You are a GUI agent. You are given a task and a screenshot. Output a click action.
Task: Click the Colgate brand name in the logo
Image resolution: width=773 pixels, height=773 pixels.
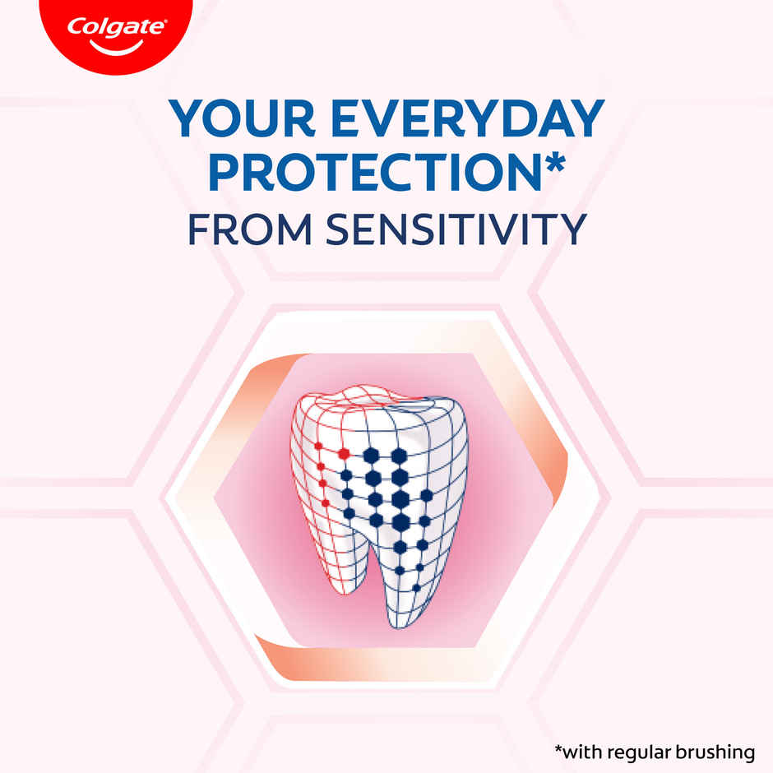tap(116, 26)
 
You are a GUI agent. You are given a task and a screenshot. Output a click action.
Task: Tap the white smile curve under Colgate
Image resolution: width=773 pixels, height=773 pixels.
tap(116, 46)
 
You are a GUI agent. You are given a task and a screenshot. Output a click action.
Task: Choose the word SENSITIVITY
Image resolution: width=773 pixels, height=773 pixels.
tap(455, 229)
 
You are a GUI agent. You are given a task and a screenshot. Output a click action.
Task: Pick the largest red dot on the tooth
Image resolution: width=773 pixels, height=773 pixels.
tap(344, 453)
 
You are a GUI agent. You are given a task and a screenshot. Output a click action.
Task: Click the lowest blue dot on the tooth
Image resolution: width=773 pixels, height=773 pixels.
tap(416, 588)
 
